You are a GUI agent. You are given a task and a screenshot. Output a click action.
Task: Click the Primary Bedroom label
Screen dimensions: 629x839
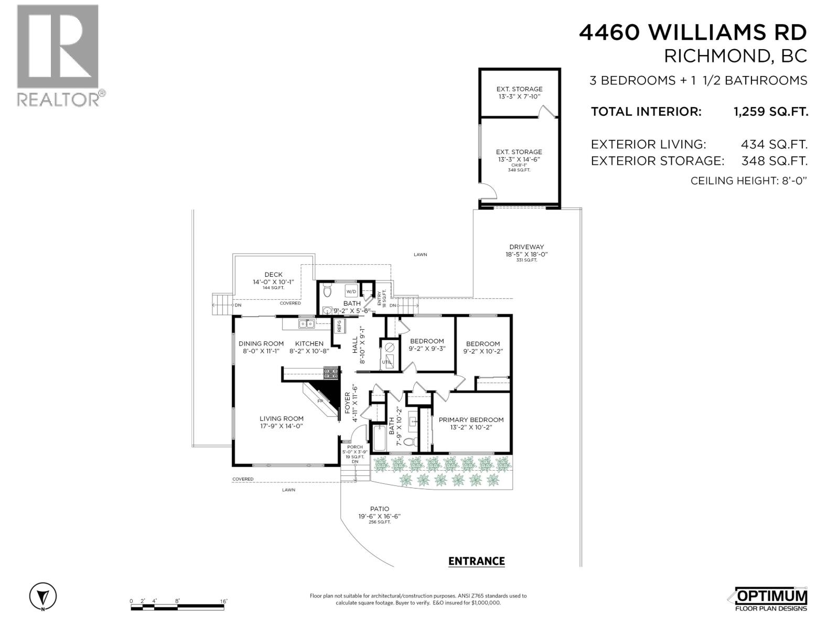(x=471, y=419)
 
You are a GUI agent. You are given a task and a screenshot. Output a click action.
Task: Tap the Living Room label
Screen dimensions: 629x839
(x=282, y=418)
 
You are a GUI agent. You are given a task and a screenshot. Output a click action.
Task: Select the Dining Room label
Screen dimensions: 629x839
(x=261, y=343)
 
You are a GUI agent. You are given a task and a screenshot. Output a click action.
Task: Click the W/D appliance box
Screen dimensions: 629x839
(x=351, y=291)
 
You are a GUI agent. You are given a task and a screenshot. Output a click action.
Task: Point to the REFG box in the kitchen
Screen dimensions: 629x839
(x=339, y=326)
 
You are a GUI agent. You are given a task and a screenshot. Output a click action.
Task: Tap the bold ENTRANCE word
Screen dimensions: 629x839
(x=476, y=561)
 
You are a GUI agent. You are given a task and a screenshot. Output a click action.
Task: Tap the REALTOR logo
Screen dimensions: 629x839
(x=58, y=55)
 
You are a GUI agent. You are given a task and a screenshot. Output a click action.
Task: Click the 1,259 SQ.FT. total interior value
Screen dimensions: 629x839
(x=770, y=112)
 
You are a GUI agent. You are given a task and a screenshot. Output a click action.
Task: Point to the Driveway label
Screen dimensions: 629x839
(x=526, y=247)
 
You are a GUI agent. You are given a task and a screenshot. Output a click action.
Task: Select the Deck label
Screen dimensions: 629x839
(x=273, y=274)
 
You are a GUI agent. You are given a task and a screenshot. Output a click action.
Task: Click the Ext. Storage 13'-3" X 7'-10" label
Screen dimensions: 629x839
(x=519, y=93)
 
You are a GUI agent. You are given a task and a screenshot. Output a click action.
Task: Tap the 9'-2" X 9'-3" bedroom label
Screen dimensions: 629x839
(x=427, y=348)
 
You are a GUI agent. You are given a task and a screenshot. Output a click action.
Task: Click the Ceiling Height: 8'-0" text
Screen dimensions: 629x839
(x=748, y=181)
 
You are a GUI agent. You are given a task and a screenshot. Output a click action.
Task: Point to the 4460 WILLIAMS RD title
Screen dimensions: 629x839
(x=693, y=32)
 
